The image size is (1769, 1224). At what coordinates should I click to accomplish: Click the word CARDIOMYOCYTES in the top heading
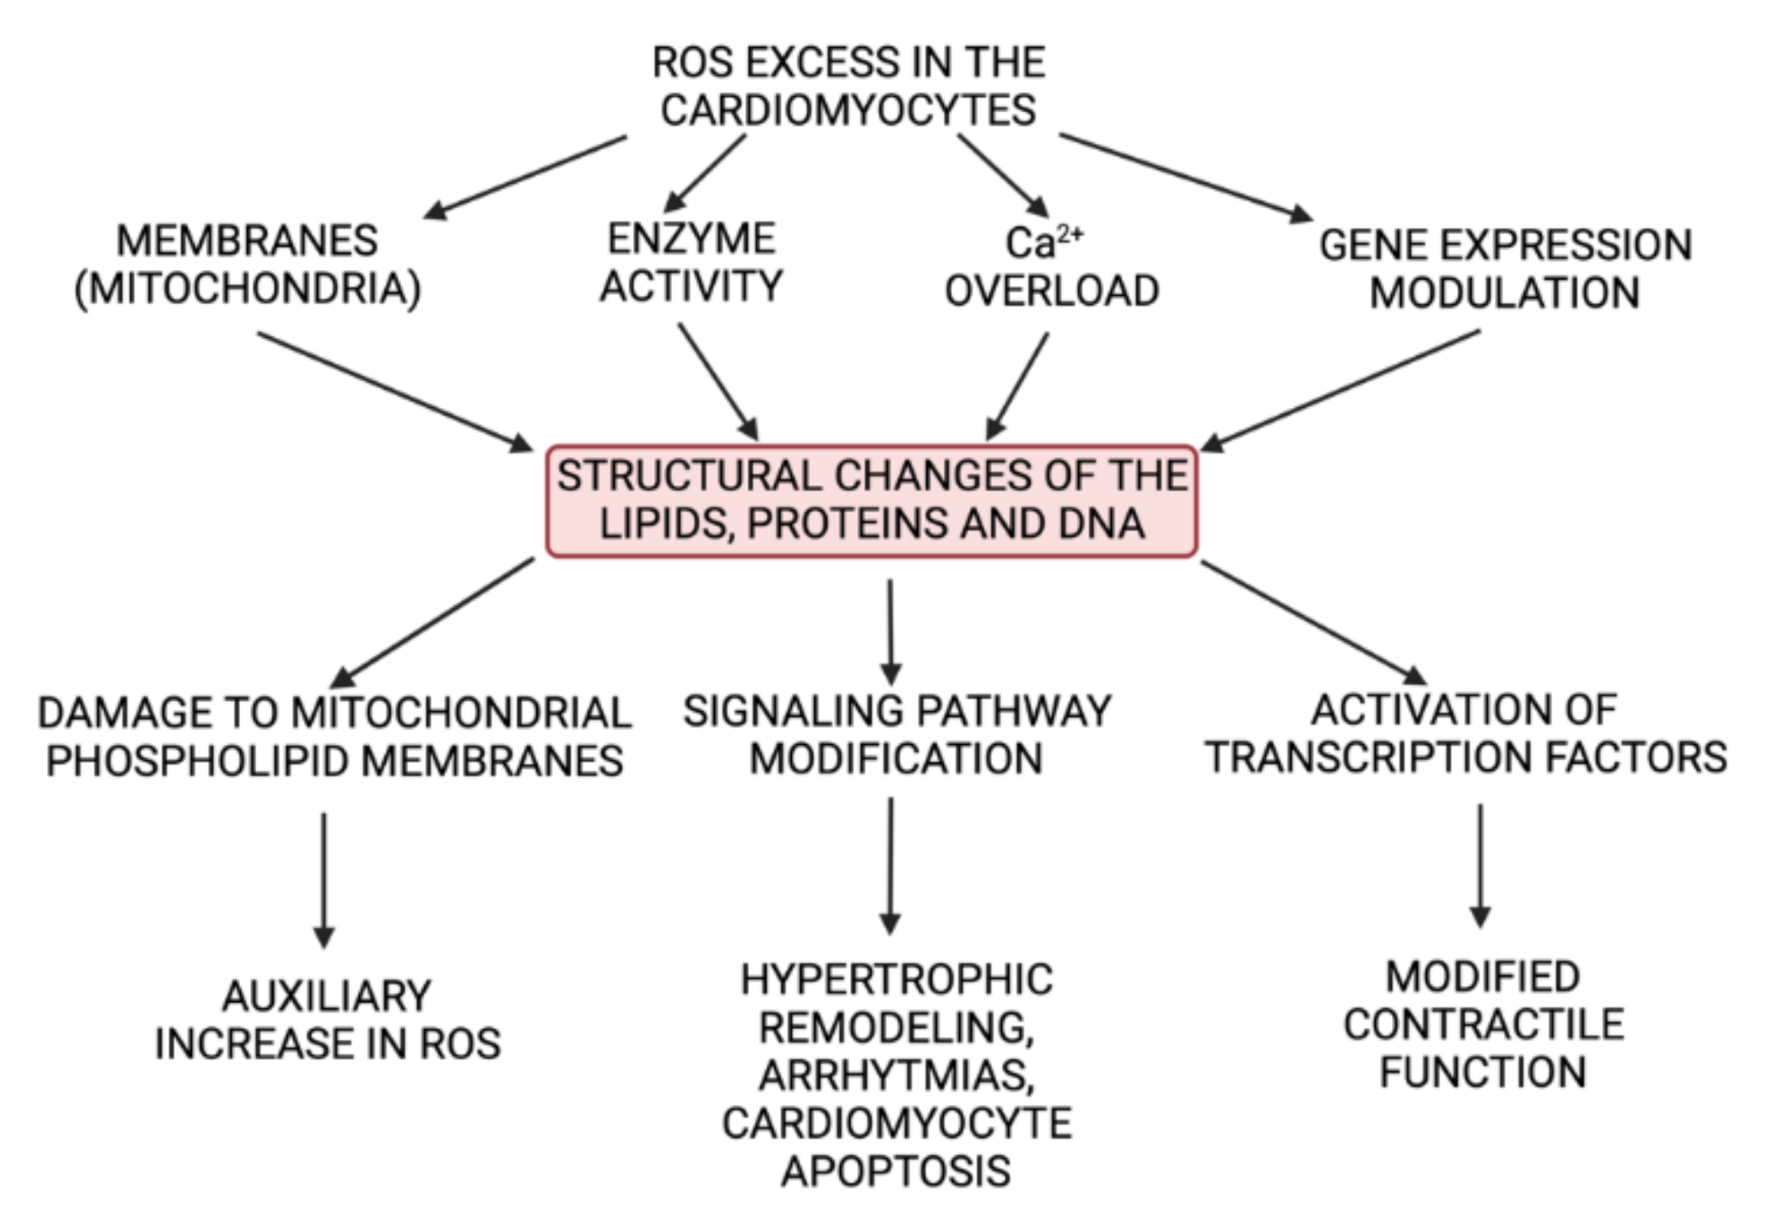848,111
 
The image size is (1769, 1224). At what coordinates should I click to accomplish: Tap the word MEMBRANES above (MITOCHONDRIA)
247,241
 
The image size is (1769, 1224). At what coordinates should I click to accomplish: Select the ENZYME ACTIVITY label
691,262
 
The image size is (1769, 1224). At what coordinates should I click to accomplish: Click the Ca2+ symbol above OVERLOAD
1042,243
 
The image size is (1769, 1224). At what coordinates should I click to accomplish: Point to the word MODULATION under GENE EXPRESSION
1504,293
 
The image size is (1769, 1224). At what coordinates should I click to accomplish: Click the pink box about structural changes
872,501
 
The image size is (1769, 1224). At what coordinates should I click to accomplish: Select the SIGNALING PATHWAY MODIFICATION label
896,735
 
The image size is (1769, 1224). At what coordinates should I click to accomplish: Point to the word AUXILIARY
327,996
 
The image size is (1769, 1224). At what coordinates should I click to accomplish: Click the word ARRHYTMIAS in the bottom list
896,1076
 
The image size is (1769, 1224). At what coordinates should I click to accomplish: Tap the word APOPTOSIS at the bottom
896,1172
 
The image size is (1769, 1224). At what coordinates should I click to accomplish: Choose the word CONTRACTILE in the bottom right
1484,1024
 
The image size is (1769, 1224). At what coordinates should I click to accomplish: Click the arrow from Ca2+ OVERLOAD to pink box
1017,387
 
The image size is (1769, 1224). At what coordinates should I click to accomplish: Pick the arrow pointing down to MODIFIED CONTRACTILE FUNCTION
1480,866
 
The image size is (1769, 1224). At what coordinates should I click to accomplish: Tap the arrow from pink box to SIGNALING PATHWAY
890,633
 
